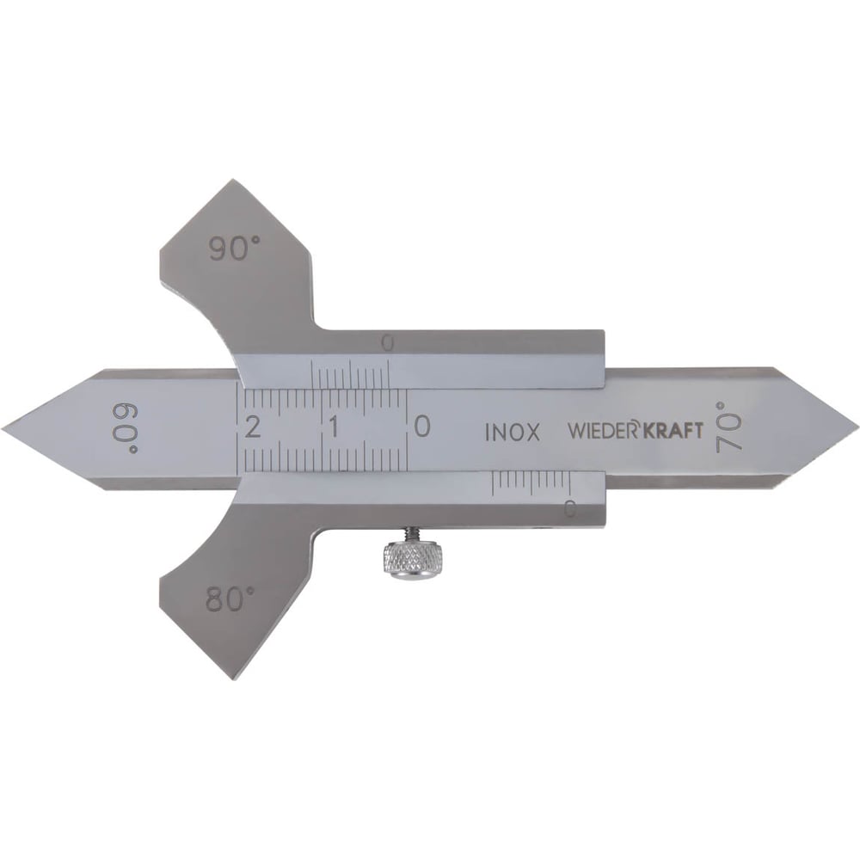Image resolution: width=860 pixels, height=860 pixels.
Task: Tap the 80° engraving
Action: [x=230, y=599]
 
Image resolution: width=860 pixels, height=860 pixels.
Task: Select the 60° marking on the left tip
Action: [x=126, y=428]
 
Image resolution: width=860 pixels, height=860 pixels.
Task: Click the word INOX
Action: [x=513, y=433]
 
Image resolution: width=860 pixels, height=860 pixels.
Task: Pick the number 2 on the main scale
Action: [x=253, y=427]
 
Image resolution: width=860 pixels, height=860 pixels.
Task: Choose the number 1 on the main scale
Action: [x=334, y=427]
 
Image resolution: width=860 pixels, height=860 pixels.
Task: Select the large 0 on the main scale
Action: [x=421, y=427]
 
